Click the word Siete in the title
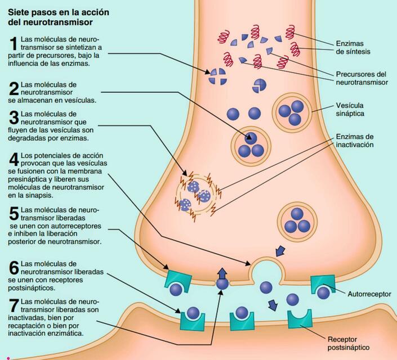21,12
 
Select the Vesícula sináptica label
350,109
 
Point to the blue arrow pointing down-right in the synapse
274,305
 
